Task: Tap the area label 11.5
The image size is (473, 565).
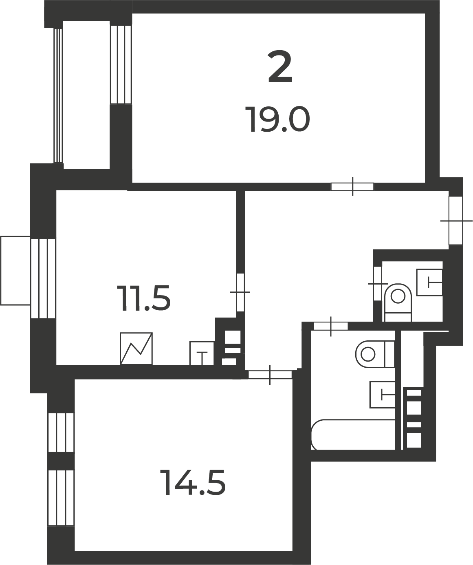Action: (143, 298)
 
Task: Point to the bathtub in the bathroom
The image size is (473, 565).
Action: (353, 435)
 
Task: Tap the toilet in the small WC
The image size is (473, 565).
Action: (398, 302)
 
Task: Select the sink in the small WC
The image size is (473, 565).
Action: (429, 282)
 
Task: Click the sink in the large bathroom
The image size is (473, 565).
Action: (383, 395)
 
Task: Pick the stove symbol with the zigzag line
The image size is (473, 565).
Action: (136, 349)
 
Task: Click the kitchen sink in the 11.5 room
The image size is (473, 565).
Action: (202, 353)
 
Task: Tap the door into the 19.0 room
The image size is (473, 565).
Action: (352, 186)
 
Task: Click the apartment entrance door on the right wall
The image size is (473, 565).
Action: (456, 221)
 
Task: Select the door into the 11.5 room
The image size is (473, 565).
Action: (240, 292)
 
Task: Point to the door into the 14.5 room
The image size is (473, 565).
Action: (270, 375)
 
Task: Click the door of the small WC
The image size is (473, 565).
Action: (378, 284)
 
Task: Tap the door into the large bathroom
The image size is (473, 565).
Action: (331, 327)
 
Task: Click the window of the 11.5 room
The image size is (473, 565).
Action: (43, 278)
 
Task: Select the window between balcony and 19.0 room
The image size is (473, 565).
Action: (121, 64)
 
